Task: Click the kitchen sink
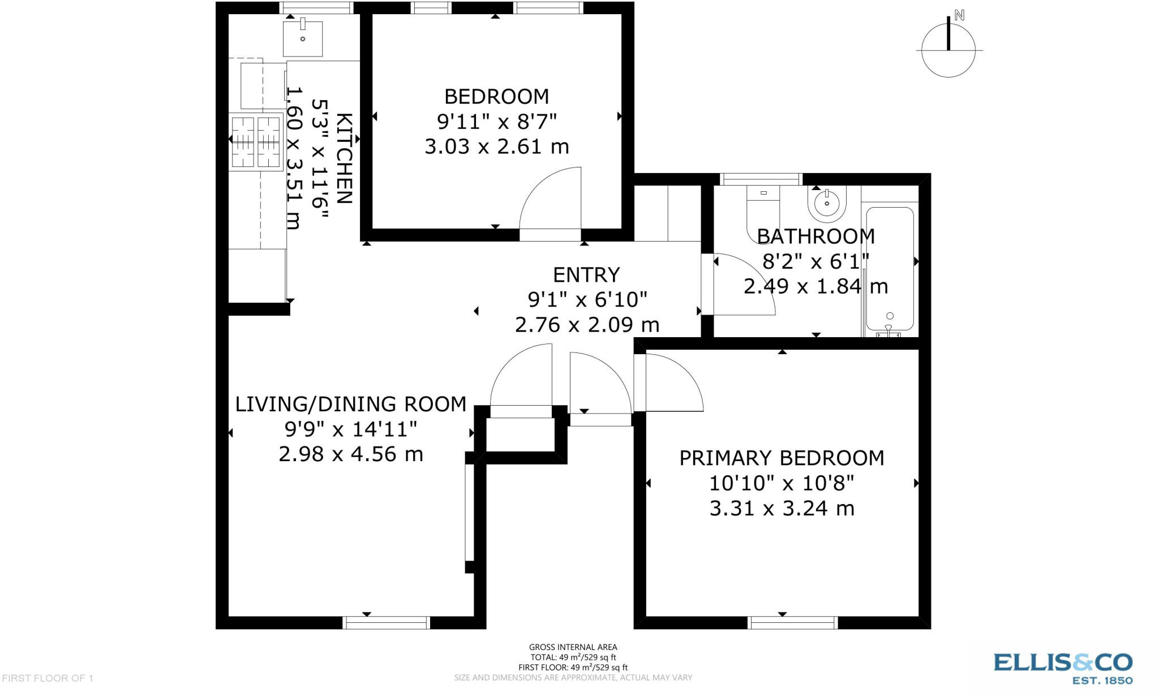[x=303, y=38]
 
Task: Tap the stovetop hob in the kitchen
[x=256, y=141]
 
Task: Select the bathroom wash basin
[x=827, y=203]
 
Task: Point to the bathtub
[x=890, y=269]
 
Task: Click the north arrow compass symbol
[x=948, y=48]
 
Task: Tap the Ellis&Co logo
[x=1062, y=667]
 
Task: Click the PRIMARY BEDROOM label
[x=782, y=458]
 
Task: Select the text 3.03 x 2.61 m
[x=496, y=147]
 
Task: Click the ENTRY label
[x=586, y=275]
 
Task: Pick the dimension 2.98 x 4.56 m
[x=351, y=454]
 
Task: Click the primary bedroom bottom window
[x=792, y=623]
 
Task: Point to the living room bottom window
[x=387, y=623]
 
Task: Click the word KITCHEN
[x=345, y=158]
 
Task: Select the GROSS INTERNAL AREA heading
[x=573, y=647]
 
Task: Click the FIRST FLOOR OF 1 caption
[x=48, y=678]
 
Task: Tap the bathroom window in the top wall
[x=762, y=179]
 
